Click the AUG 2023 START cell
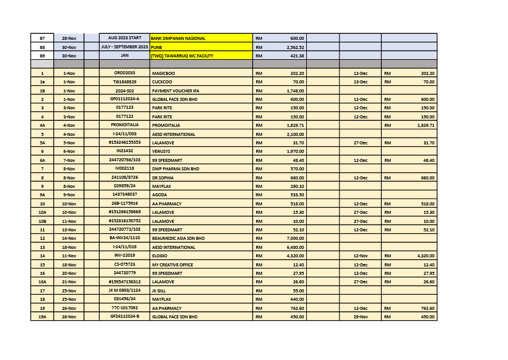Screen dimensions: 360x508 click(x=124, y=38)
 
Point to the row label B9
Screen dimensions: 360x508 click(x=42, y=56)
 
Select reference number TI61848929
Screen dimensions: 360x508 click(x=124, y=82)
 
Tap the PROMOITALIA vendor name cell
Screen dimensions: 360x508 click(x=166, y=125)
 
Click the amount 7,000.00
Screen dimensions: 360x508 click(x=295, y=239)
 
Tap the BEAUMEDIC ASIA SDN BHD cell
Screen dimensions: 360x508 click(x=178, y=239)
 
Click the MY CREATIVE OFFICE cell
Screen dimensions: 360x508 click(x=174, y=265)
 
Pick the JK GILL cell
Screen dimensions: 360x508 click(x=159, y=291)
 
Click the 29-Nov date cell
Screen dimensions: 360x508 click(x=360, y=317)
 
